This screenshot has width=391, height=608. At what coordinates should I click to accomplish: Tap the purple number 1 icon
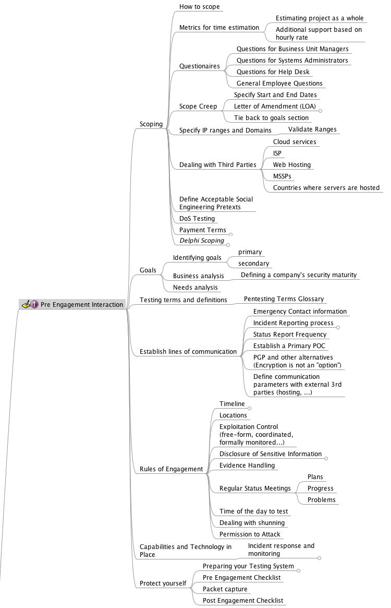tap(34, 304)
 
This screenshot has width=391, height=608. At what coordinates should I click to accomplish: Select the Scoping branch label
tap(151, 124)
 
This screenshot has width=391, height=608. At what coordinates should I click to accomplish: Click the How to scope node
tap(199, 7)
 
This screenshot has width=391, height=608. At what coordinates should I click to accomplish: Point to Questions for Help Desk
tap(273, 71)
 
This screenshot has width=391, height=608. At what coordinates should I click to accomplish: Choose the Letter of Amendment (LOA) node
tap(275, 106)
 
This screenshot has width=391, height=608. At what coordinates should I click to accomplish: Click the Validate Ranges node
tap(312, 129)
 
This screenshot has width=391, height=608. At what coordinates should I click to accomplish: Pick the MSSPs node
tap(282, 176)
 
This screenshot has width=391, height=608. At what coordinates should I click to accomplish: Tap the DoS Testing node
tap(197, 218)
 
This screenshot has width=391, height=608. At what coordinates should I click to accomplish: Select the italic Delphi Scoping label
tap(202, 241)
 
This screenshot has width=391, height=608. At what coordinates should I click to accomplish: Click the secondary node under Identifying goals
tap(253, 263)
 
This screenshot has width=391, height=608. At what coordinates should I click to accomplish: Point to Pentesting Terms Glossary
tap(284, 299)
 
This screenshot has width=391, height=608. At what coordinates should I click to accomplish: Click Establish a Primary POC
tap(289, 346)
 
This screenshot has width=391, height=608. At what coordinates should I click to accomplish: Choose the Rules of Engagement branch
tap(171, 469)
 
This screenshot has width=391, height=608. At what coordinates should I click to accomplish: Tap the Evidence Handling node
tap(247, 466)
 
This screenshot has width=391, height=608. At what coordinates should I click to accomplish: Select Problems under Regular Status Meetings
tap(321, 500)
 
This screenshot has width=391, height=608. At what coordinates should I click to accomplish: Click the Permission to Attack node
tap(250, 534)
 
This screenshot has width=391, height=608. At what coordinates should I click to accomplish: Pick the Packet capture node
tap(225, 589)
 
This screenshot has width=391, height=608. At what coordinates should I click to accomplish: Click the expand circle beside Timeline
tap(250, 408)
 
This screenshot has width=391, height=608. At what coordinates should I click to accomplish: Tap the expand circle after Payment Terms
tap(231, 235)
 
